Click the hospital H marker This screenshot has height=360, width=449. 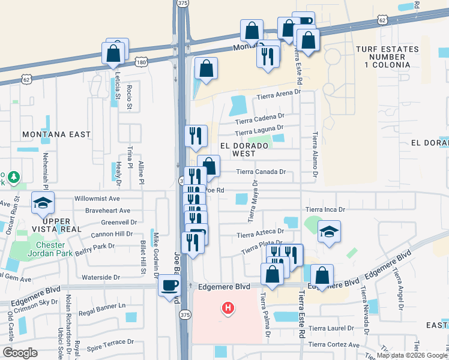pyautogui.click(x=228, y=309)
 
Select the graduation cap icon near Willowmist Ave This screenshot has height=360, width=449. pyautogui.click(x=43, y=205)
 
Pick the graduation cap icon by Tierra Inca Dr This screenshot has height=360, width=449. pyautogui.click(x=329, y=232)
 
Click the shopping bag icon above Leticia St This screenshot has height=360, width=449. pyautogui.click(x=114, y=53)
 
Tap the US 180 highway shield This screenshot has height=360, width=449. pyautogui.click(x=140, y=62)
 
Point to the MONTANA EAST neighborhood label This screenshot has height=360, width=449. pyautogui.click(x=56, y=134)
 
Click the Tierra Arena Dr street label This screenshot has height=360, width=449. pyautogui.click(x=278, y=95)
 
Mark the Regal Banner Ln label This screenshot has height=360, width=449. pyautogui.click(x=104, y=305)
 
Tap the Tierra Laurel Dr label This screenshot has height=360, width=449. pyautogui.click(x=331, y=329)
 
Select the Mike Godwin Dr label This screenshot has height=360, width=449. pyautogui.click(x=155, y=251)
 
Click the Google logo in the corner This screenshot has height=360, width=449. pyautogui.click(x=20, y=353)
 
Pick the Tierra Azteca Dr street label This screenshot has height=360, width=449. pyautogui.click(x=260, y=233)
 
